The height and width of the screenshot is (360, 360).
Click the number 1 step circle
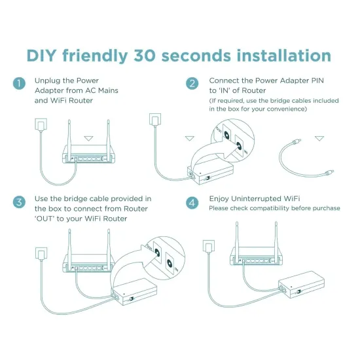pos(19,83)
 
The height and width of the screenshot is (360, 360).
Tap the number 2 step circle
pos(192,83)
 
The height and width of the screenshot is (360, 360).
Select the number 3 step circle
pos(19,202)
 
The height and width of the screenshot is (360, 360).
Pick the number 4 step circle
pos(192,203)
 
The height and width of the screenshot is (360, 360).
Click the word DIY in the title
pos(41,56)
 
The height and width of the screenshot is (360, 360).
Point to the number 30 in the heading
pos(145,56)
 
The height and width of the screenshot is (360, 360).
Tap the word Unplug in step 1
pos(48,81)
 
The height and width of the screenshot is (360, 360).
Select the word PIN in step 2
pos(317,81)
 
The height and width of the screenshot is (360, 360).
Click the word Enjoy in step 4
pos(219,199)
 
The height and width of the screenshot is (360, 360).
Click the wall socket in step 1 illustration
pos(41,124)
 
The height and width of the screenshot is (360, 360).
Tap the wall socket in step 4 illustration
pos(209,246)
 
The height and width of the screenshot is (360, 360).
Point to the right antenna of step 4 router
pos(276,240)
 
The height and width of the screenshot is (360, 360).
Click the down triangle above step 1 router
pos(88,139)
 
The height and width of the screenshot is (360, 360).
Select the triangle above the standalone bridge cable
pos(319,138)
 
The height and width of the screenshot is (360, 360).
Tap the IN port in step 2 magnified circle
pos(239,145)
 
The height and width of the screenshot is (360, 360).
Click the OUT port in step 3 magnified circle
pos(157,253)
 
